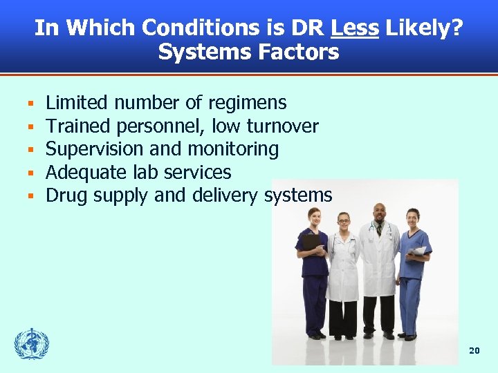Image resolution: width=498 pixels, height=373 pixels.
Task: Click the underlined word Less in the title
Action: tap(355, 28)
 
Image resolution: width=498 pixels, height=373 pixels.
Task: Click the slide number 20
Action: tap(474, 351)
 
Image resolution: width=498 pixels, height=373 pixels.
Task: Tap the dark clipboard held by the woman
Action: tap(311, 242)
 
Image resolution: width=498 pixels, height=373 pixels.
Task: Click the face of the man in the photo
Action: tap(380, 214)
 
